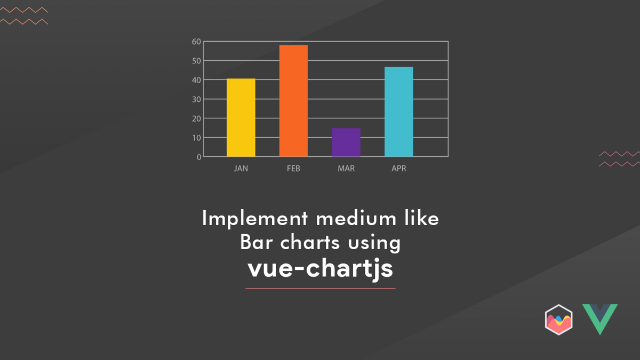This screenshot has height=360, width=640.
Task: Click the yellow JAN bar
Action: (241, 118)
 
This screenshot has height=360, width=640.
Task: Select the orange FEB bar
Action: (293, 101)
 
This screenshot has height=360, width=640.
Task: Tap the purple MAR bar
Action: (346, 142)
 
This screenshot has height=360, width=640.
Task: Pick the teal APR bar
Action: (399, 112)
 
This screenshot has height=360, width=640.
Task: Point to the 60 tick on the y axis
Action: (196, 42)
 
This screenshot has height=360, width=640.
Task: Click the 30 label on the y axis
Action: (196, 99)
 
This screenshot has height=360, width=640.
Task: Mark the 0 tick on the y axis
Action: (199, 157)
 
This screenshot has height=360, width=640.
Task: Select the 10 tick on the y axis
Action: (196, 138)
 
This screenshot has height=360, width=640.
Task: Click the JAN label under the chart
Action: (241, 169)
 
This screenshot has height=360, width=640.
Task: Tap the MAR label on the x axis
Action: (346, 169)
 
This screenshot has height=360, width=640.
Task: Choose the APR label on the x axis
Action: (399, 169)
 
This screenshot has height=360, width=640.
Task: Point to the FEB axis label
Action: (293, 169)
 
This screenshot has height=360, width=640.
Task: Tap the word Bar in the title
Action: (253, 243)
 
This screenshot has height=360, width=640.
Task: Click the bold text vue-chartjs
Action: (320, 268)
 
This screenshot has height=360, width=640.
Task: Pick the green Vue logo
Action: (599, 318)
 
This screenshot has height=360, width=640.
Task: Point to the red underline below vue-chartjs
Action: (320, 288)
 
